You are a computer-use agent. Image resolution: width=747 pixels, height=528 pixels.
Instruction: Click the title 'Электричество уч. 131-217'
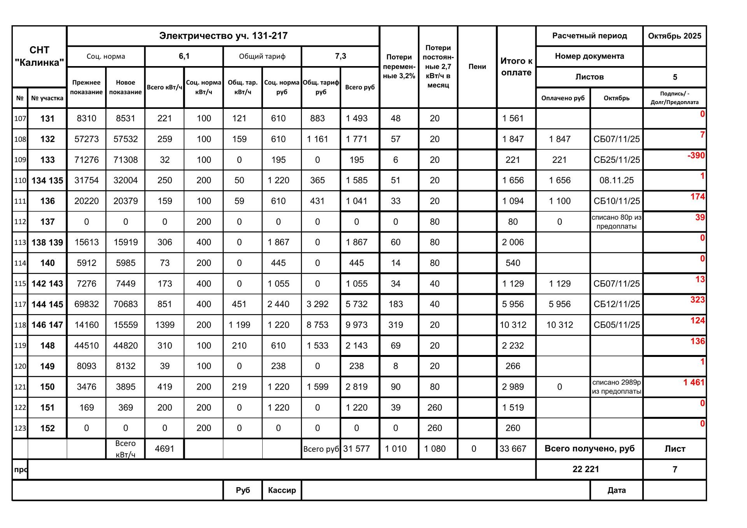coord(223,36)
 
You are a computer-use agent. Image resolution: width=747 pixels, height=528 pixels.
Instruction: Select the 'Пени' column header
coord(477,66)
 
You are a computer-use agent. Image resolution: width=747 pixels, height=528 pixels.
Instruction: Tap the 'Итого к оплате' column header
coord(516,66)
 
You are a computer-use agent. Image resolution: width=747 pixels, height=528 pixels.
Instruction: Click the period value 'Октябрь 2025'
coord(674,36)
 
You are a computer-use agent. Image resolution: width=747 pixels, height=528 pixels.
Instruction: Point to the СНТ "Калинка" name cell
coord(39,56)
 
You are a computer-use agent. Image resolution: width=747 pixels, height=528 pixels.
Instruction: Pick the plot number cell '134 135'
coord(47,180)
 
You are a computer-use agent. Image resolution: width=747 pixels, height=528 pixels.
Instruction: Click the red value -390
coord(696,156)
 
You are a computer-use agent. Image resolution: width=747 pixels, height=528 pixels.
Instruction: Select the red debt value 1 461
coord(694,383)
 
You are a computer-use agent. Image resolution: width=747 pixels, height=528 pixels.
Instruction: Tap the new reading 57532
coord(125,139)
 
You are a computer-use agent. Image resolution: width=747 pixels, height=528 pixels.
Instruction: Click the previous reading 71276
coord(86,160)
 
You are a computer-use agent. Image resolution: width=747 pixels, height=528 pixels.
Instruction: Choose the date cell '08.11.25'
coord(616,180)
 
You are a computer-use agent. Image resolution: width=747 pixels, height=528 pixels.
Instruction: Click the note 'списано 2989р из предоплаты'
coord(616,387)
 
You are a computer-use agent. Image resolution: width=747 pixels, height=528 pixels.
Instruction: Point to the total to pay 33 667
coord(512,449)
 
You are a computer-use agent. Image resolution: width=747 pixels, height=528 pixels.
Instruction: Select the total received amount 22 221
coord(586,469)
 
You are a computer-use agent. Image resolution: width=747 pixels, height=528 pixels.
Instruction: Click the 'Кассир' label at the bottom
coord(282,490)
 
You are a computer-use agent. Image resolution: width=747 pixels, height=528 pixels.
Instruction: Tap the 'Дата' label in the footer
coord(616,490)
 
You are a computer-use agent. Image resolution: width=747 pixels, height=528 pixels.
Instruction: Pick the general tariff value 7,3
coord(340,56)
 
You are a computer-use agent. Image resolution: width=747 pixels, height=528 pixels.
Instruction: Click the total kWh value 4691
coord(164,449)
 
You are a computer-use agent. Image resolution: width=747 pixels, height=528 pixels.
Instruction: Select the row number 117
coord(20,304)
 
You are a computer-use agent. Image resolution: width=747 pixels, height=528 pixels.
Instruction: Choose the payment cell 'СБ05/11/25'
coord(616,325)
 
